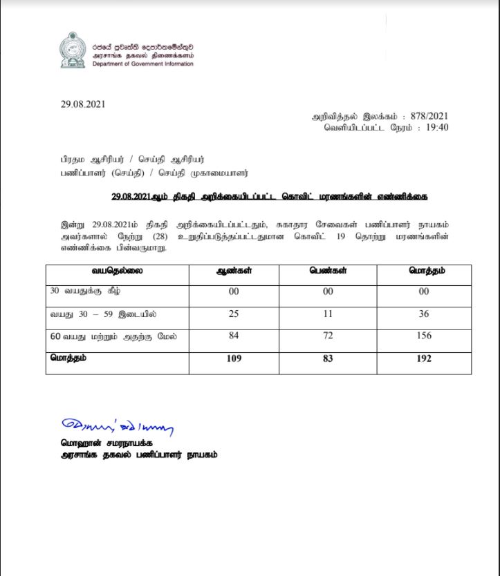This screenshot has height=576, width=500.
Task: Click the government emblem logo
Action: coord(72,50)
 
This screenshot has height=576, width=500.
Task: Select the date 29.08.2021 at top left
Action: coord(83,104)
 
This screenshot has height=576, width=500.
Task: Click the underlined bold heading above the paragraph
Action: coord(269,197)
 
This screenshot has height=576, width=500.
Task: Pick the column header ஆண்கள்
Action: coord(234,271)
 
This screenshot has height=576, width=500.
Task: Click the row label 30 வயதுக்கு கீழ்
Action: coord(81,291)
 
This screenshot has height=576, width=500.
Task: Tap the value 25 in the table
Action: coord(234,314)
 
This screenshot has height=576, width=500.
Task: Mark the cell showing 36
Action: coord(424,314)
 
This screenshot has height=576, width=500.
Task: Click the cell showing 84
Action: coord(234,336)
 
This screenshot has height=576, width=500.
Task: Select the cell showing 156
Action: coord(424,336)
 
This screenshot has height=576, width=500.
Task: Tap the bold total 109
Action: coord(234,359)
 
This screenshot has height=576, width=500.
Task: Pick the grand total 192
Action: coord(424,359)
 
